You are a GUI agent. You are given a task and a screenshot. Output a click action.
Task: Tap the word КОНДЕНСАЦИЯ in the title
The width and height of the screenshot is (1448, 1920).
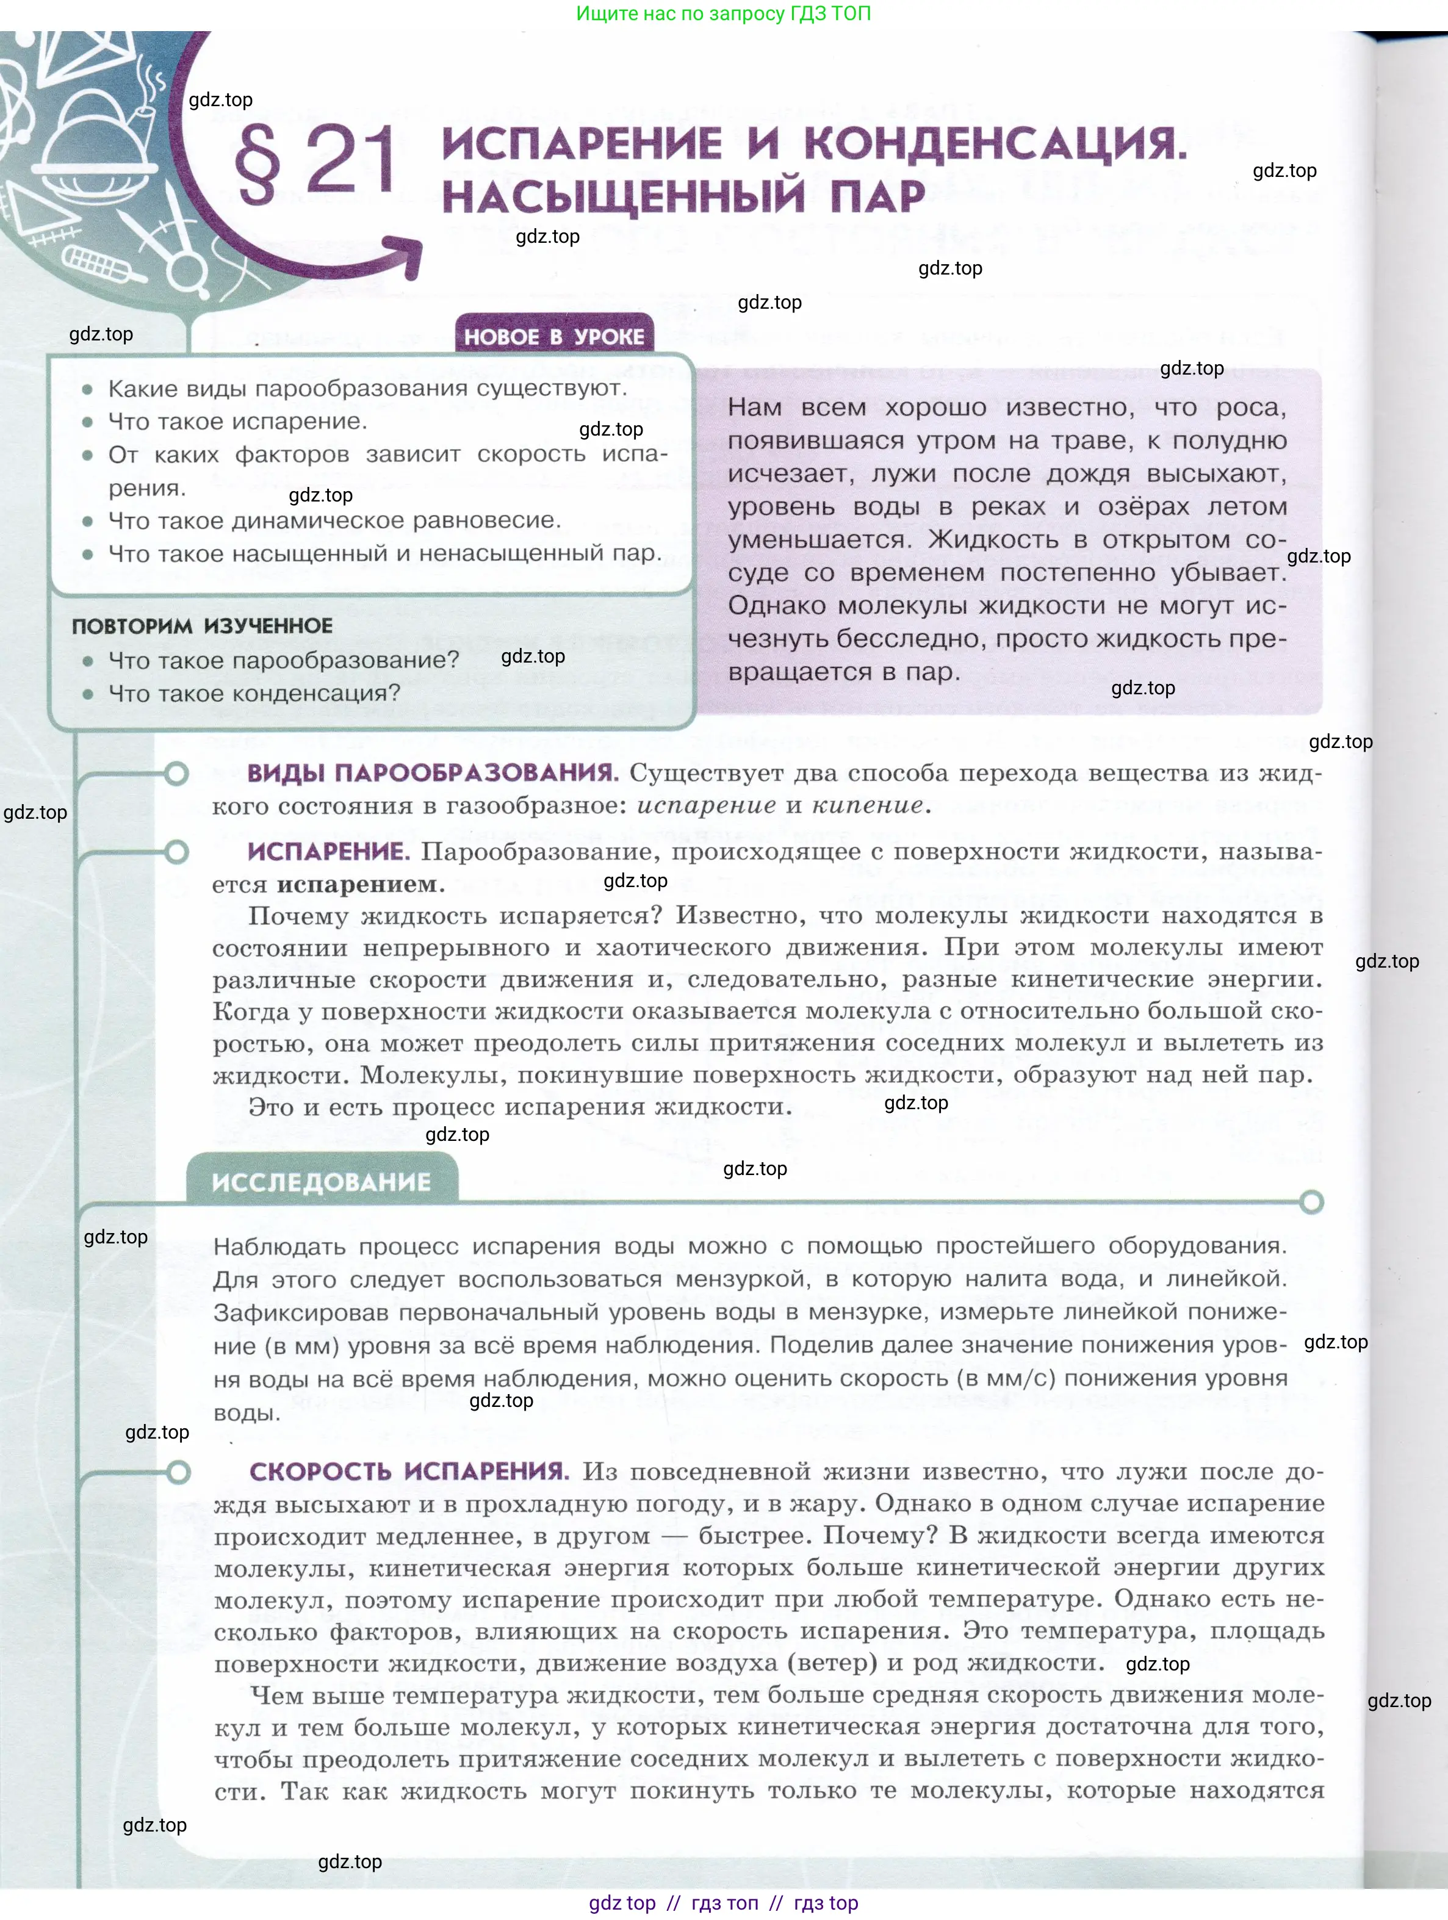995,144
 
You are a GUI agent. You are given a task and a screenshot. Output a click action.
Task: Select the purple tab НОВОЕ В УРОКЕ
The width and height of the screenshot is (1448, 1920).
554,336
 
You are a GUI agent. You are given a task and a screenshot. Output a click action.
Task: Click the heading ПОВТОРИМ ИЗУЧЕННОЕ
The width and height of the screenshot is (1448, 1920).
202,626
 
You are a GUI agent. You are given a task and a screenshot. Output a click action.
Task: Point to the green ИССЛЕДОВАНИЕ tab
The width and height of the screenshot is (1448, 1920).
321,1181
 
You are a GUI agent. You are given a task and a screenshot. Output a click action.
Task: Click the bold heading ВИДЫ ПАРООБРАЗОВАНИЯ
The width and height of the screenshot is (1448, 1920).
432,772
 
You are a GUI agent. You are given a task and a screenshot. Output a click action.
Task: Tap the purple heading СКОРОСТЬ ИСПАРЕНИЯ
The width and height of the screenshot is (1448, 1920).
409,1471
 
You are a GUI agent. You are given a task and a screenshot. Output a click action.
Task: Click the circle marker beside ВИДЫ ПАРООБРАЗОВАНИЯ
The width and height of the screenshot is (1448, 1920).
177,774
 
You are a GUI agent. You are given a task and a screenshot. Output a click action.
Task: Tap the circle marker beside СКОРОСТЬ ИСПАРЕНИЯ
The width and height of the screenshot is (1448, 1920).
179,1472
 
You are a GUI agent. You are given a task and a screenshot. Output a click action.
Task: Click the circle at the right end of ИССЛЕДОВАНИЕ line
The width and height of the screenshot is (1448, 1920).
1311,1202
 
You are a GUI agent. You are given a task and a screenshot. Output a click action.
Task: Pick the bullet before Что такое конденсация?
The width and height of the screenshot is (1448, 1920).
88,694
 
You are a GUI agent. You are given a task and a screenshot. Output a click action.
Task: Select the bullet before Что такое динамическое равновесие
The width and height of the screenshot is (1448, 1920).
88,521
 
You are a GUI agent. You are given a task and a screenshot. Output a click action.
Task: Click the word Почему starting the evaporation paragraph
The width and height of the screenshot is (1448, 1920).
298,916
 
